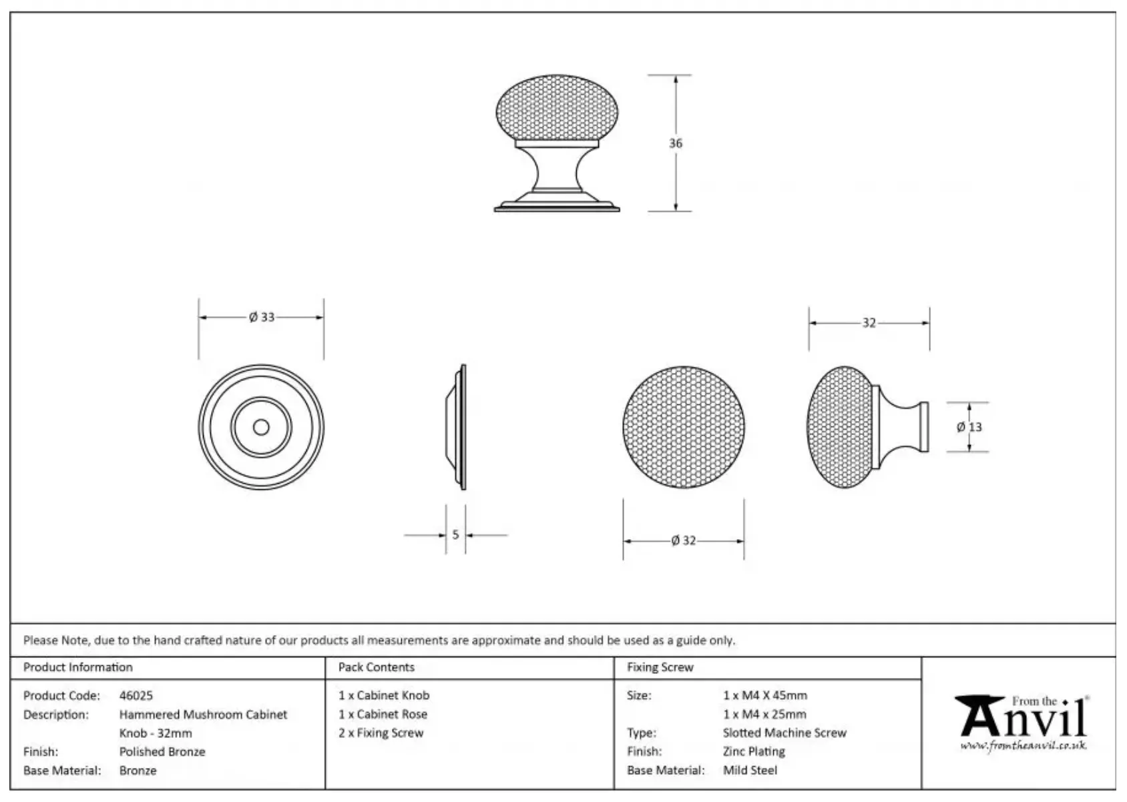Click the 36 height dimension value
coord(676,143)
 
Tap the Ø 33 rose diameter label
coord(262,317)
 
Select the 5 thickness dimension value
coord(455,534)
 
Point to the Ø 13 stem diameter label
coord(969,427)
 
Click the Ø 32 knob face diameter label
coord(684,540)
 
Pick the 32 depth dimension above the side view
coord(869,323)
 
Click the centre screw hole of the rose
coord(261,427)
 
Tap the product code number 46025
coord(136,695)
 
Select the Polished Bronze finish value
coord(162,751)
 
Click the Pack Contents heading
coord(376,667)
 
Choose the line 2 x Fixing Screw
coord(381,733)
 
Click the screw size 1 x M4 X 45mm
coord(764,695)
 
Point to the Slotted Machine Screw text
coord(784,733)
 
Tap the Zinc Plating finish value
coord(754,751)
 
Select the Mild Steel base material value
coord(750,770)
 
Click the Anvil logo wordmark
coord(1022,716)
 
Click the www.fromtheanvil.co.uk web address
coord(1024,745)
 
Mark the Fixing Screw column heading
coord(660,667)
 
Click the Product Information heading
coord(77,667)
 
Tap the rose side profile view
coord(456,427)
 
